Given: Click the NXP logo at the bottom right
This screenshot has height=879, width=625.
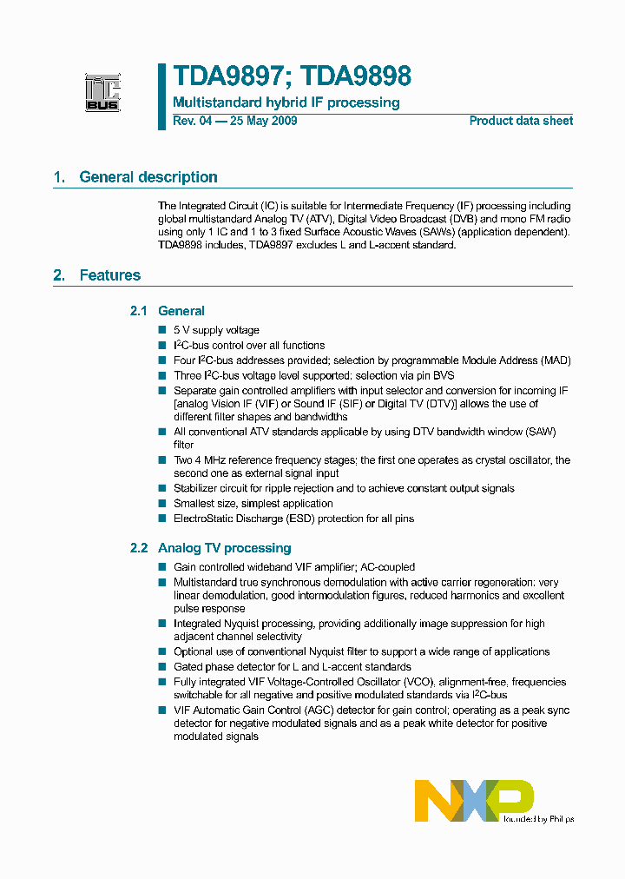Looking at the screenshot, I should (x=474, y=800).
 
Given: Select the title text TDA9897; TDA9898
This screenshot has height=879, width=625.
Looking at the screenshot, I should (x=292, y=76).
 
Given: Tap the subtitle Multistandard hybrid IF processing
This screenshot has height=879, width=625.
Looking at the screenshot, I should (x=286, y=102).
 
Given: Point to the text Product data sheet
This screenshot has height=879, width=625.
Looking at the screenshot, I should (x=521, y=121).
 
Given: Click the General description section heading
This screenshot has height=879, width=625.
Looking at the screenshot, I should (x=148, y=177).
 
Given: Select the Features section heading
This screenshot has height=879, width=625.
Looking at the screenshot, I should (x=109, y=275).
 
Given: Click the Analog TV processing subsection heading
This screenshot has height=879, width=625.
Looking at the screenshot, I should (x=224, y=548).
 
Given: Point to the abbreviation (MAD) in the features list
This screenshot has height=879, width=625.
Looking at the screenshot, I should (x=556, y=360).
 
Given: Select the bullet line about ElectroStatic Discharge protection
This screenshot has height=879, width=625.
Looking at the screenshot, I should (x=293, y=519).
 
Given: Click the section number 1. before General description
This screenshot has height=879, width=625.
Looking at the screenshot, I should (x=59, y=177).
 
